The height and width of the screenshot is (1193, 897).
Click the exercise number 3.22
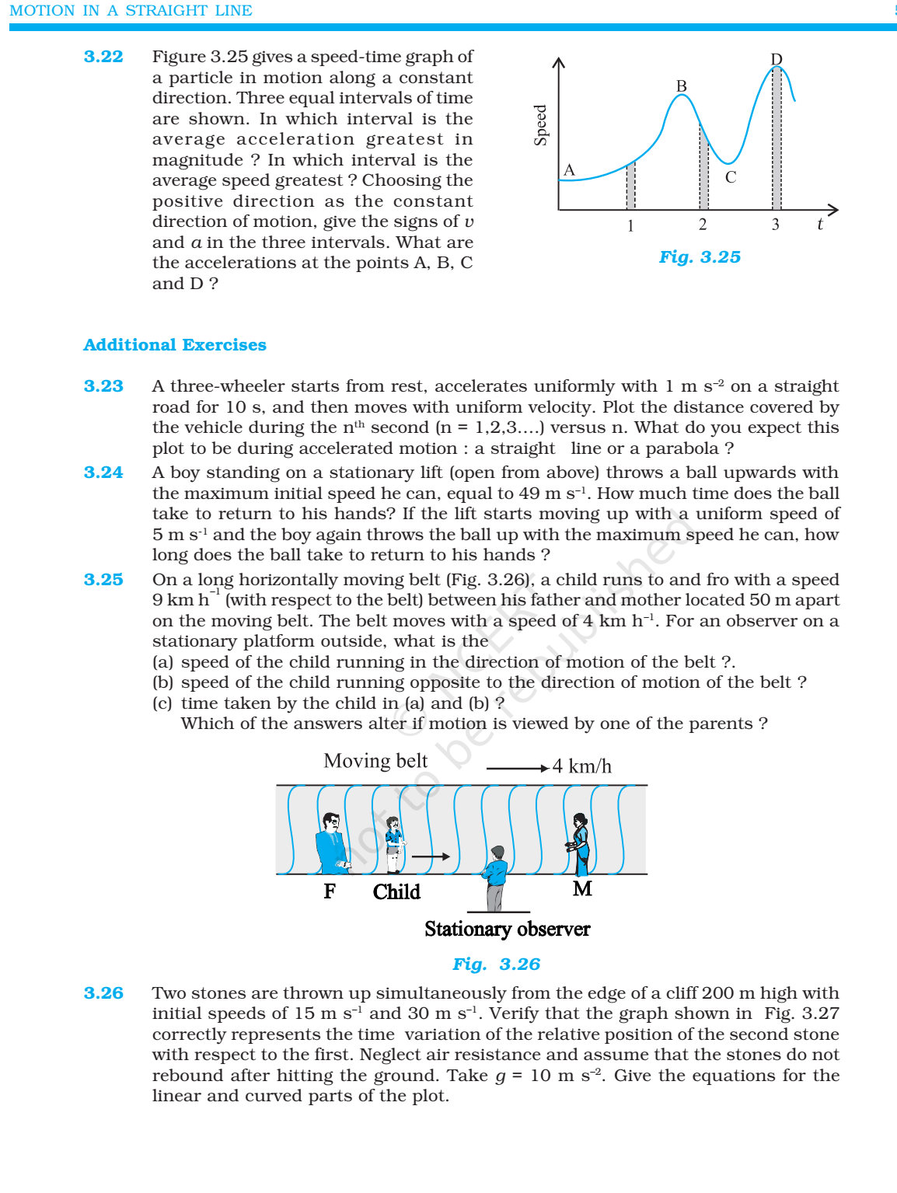click(x=103, y=57)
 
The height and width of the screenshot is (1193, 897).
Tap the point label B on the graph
click(x=681, y=86)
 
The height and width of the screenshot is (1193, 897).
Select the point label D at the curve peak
click(x=776, y=59)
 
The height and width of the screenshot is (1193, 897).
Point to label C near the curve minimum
click(x=730, y=177)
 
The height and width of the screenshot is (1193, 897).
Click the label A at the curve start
click(x=569, y=170)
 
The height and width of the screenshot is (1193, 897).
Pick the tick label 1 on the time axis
click(x=630, y=226)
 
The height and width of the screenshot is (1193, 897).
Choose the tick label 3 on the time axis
click(x=775, y=225)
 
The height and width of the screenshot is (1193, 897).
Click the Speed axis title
click(x=541, y=125)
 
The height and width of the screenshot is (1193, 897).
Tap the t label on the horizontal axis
click(x=819, y=225)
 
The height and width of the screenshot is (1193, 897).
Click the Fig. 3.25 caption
click(x=700, y=257)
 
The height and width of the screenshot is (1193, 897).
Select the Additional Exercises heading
click(x=175, y=345)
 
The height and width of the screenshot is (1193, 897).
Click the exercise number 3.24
click(x=103, y=473)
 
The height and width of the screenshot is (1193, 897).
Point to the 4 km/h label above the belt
click(x=581, y=767)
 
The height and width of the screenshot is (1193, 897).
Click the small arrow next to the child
click(x=431, y=856)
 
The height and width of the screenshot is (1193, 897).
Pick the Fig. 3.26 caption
click(x=496, y=965)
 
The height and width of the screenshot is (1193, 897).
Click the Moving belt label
click(x=375, y=761)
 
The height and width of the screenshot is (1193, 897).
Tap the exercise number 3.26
click(x=103, y=993)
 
